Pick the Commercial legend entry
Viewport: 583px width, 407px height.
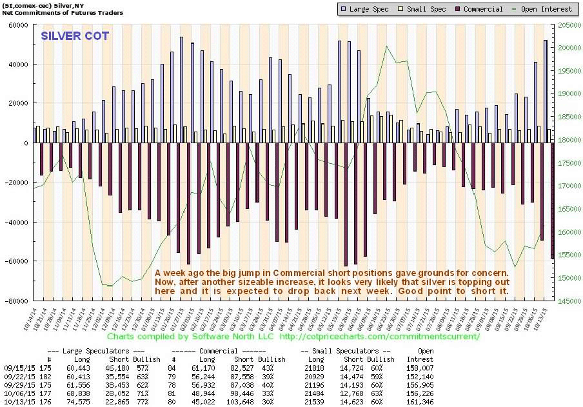478,9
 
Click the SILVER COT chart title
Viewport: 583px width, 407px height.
75,35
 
